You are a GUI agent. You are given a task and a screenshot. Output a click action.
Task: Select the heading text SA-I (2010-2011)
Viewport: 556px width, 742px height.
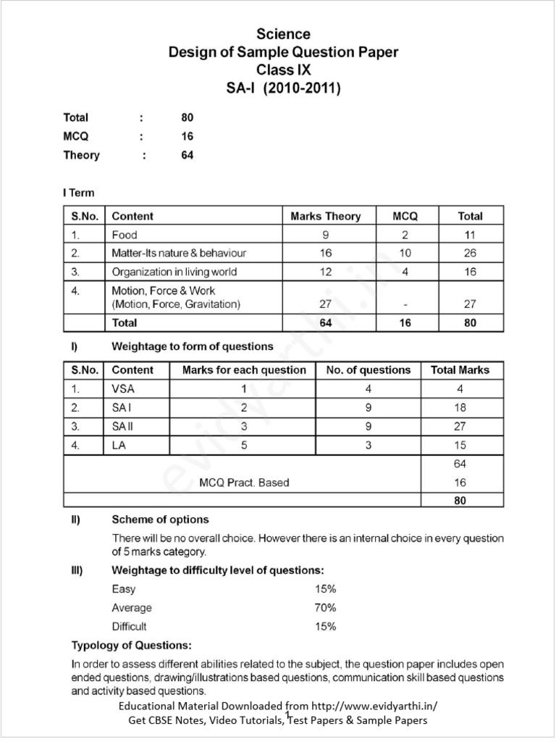(x=283, y=88)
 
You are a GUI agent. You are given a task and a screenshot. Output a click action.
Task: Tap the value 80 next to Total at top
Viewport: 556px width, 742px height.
(x=188, y=117)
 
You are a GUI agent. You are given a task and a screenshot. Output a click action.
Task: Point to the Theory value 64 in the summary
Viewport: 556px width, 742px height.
(x=188, y=155)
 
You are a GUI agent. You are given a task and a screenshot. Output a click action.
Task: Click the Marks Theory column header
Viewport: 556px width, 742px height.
(x=325, y=216)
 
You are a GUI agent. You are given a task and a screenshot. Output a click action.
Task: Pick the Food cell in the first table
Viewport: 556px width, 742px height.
(x=125, y=235)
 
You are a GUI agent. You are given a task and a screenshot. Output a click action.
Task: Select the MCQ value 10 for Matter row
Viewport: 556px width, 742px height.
(x=405, y=253)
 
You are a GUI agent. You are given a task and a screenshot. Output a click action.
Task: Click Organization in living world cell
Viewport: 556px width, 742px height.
(x=174, y=272)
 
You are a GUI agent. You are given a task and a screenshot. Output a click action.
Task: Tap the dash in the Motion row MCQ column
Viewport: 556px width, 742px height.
(x=405, y=305)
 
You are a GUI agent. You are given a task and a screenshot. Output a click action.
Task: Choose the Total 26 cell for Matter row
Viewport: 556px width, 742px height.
(x=470, y=253)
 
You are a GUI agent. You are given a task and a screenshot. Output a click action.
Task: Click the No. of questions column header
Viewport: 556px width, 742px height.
(x=368, y=370)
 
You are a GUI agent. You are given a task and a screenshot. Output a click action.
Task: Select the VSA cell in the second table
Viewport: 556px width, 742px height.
(x=124, y=389)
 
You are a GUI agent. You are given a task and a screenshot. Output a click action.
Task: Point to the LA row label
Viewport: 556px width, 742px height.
(x=119, y=446)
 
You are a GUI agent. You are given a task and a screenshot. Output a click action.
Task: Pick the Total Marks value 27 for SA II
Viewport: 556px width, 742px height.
(x=460, y=427)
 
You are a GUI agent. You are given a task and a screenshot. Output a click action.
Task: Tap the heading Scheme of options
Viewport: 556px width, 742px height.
(x=160, y=520)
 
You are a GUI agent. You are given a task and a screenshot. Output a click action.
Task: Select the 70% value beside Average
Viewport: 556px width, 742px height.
(x=325, y=608)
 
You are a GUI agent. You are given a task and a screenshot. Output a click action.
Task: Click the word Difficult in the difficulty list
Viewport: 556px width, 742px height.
(x=129, y=627)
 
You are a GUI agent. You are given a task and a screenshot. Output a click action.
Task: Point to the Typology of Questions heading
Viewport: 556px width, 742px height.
(x=131, y=645)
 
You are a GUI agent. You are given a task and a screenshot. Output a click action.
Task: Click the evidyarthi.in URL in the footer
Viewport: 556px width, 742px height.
(x=375, y=706)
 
